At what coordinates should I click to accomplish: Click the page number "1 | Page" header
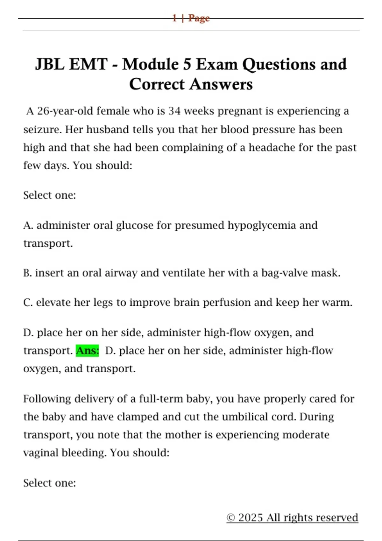(x=191, y=18)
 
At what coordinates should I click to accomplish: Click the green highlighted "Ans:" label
(x=88, y=351)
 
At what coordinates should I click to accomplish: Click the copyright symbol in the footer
(x=231, y=518)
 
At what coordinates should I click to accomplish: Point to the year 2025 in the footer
(x=251, y=518)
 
